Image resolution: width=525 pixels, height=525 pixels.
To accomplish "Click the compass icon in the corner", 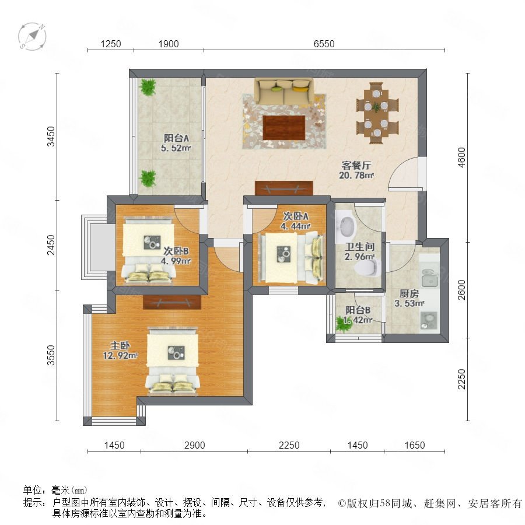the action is tap(32, 37).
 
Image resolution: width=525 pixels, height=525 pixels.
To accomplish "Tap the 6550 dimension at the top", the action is tap(324, 44).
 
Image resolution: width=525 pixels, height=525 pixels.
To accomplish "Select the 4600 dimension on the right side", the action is tap(461, 157).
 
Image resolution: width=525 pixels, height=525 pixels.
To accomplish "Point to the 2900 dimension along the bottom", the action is tap(194, 445).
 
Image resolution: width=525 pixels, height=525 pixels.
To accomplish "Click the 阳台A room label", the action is tap(176, 138).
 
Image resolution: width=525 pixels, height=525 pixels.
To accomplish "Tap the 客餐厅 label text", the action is tap(356, 166).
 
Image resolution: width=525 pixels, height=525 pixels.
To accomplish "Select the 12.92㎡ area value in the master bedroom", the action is tap(120, 355).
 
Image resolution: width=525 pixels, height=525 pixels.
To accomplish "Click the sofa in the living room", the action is tap(283, 91).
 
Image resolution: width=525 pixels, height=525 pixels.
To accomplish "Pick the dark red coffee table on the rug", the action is tap(283, 127).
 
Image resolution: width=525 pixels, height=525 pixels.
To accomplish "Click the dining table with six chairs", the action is tap(377, 113).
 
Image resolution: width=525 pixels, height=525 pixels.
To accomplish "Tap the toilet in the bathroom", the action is tap(367, 268).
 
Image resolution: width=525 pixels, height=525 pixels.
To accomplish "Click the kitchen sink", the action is tap(429, 278).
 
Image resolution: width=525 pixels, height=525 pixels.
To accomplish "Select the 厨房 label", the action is tap(409, 293).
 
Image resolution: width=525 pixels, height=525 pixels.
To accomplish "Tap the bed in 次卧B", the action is tap(148, 250).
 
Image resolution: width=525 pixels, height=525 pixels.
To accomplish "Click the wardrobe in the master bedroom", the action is tap(172, 302).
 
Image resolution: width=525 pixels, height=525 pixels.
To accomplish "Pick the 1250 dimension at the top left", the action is tap(111, 44).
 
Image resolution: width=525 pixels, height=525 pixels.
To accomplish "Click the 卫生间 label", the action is tap(360, 247).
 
